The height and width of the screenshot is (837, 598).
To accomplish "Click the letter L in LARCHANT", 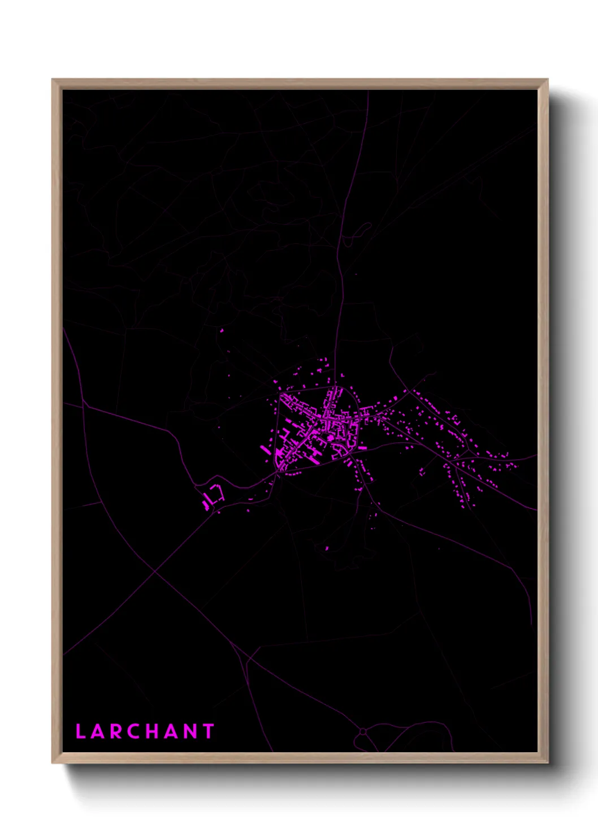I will tap(80, 731).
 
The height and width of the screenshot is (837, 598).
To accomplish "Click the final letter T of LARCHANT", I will tap(209, 731).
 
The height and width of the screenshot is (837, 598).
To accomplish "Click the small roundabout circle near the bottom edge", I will tap(362, 732).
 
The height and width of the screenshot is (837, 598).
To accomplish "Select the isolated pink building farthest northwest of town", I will tap(222, 330).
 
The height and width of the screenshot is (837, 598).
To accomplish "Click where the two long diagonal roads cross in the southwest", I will tap(155, 572).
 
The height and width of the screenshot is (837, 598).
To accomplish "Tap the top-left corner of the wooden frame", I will tap(53, 80).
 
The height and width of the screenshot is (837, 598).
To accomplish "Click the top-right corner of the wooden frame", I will tap(547, 80).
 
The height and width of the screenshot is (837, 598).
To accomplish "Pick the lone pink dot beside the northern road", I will tap(356, 274).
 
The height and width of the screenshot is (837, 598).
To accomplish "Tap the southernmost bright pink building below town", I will tap(327, 548).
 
